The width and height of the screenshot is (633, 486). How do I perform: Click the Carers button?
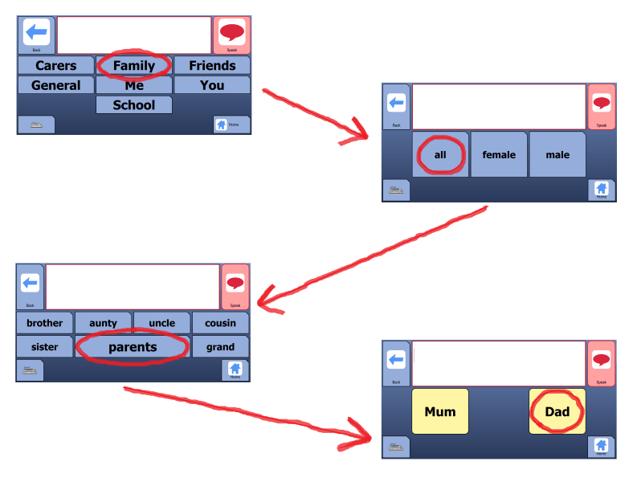55,65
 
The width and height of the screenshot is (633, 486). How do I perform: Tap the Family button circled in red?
133,65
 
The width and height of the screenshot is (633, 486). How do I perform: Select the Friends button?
212,65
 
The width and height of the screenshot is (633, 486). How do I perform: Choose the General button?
55,85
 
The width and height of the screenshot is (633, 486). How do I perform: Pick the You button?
212,85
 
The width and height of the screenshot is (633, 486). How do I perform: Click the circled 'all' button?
440,155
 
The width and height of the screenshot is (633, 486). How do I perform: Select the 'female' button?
499,155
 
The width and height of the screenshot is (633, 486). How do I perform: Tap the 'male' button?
557,155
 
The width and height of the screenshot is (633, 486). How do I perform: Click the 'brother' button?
44,323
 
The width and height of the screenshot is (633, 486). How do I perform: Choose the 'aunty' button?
103,323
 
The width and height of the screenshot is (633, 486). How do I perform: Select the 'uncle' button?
161,323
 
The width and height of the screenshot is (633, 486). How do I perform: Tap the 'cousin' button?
220,323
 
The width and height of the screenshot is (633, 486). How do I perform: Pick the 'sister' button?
44,347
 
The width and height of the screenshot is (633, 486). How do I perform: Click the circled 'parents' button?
133,347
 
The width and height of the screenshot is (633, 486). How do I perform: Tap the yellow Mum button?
440,411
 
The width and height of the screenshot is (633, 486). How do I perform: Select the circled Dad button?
557,411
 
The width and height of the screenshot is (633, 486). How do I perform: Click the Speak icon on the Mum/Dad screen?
601,361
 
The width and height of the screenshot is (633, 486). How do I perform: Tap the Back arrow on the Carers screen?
35,33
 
